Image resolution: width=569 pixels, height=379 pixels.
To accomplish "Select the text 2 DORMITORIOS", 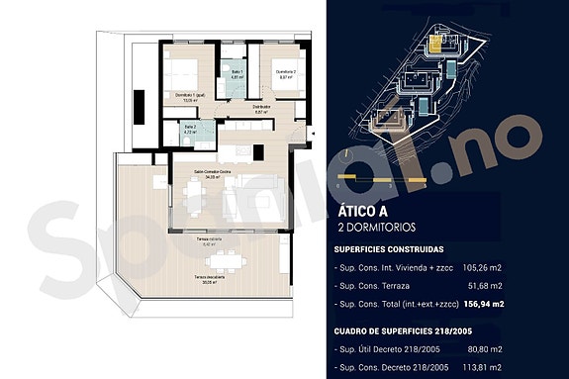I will click(380, 228).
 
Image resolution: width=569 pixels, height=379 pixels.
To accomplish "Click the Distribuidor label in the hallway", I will click(262, 109).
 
